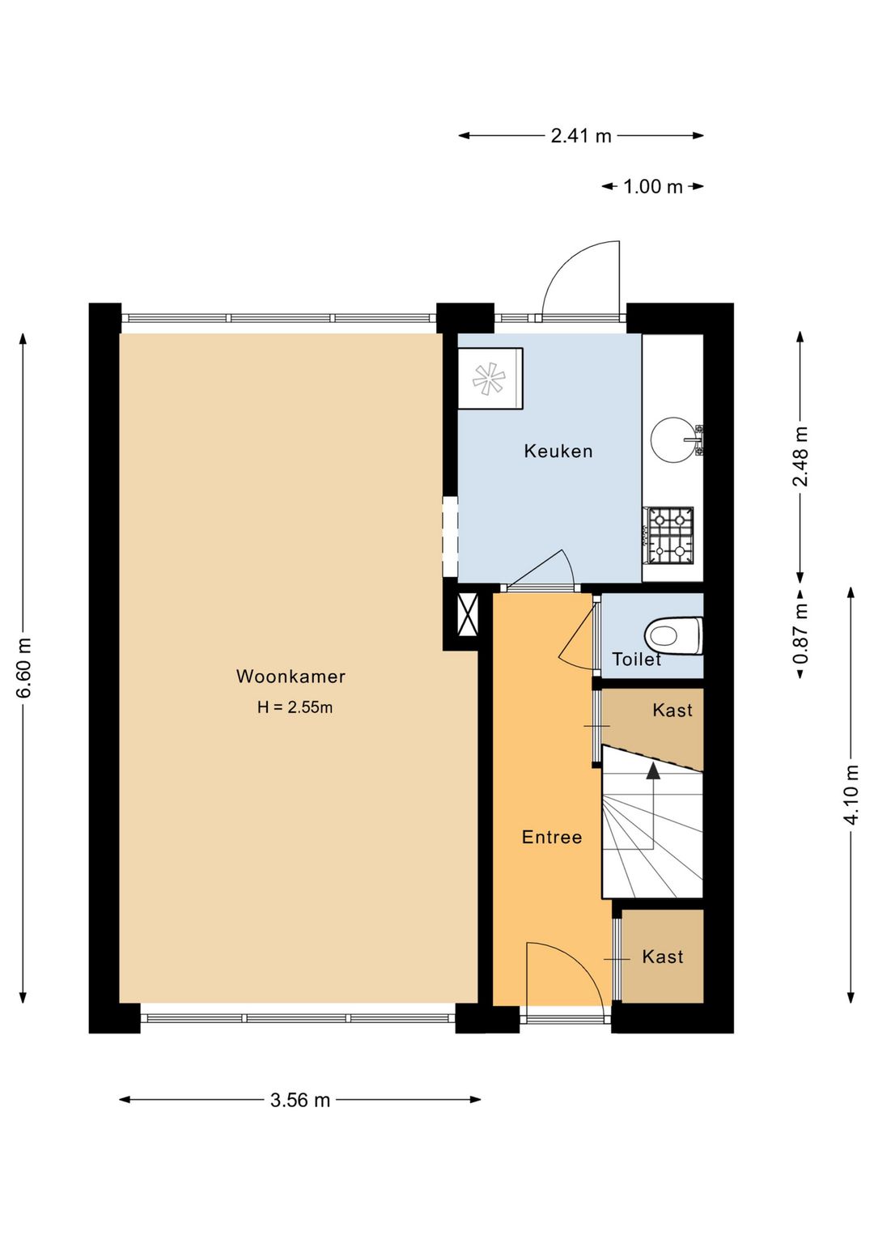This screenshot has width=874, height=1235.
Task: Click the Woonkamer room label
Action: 291,677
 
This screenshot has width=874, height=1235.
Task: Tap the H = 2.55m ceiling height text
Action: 295,707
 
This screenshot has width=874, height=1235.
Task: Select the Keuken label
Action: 558,451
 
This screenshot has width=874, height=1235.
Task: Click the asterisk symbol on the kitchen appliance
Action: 489,379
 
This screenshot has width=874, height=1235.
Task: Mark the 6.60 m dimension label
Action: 23,667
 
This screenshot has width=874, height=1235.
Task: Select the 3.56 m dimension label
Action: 300,1100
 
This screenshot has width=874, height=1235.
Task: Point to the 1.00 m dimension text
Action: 653,186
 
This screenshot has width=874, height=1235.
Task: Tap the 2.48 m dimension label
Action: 800,456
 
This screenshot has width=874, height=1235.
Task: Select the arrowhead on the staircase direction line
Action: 653,770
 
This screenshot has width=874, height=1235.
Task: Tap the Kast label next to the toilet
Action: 672,710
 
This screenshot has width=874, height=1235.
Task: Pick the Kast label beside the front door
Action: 662,956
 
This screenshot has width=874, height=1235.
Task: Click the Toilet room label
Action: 636,660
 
